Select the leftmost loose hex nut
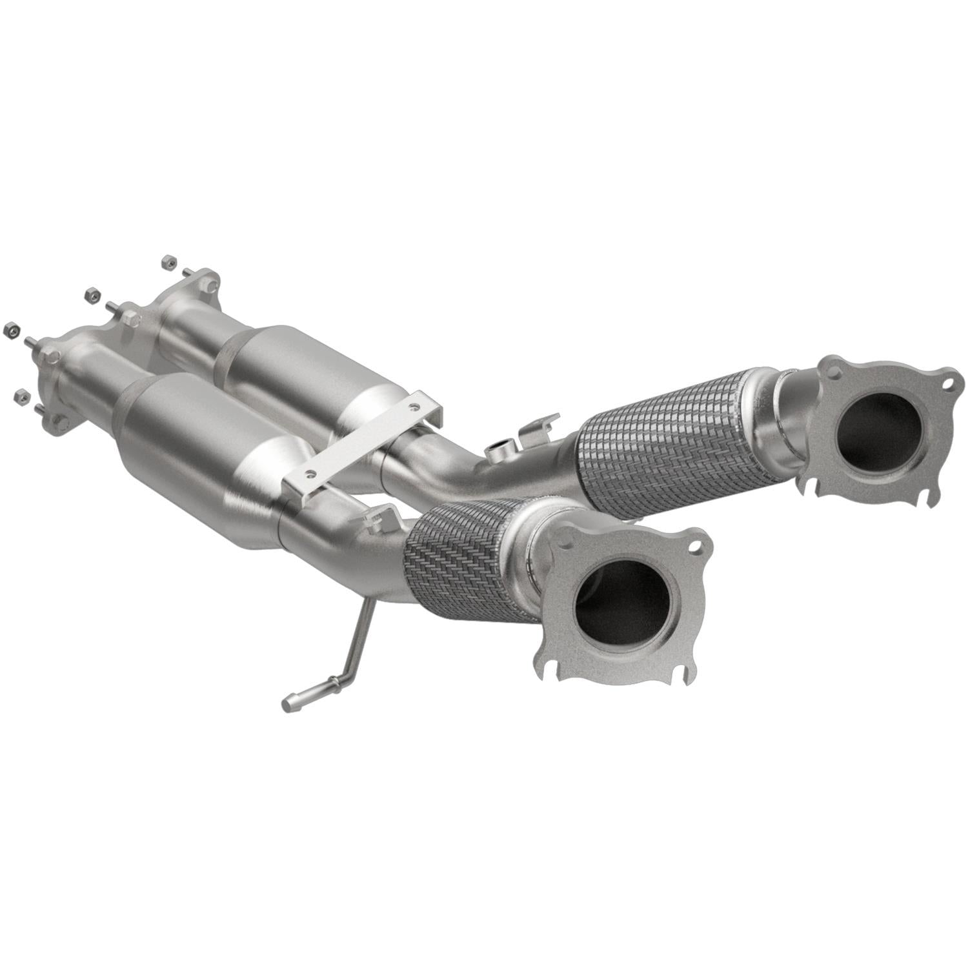[x=9, y=330]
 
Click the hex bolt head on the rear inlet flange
[x=129, y=317]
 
